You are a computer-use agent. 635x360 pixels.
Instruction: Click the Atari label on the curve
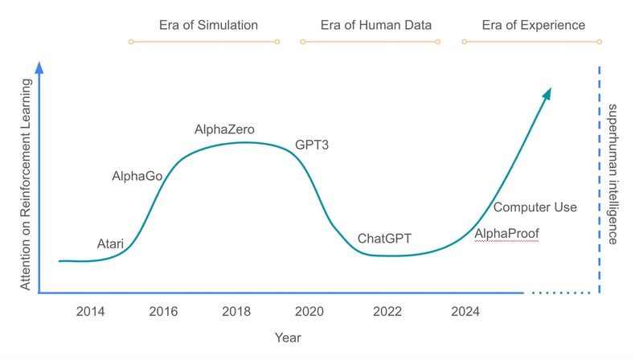[x=110, y=243]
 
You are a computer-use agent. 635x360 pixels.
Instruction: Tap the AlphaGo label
[x=137, y=175]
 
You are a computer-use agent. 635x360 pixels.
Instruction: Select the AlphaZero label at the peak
[x=225, y=129]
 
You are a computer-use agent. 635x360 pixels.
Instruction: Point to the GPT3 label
[x=312, y=145]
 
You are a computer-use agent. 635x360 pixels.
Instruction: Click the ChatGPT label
[x=384, y=239]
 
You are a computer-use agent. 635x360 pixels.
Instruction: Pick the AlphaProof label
[x=506, y=234]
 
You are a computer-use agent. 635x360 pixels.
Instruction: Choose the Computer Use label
[x=535, y=207]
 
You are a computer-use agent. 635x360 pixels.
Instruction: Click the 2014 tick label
[x=90, y=312]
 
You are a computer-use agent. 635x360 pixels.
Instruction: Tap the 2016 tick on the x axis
[x=164, y=312]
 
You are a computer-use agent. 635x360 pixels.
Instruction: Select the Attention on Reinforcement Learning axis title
[x=26, y=185]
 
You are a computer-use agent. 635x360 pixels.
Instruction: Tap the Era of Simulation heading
[x=208, y=25]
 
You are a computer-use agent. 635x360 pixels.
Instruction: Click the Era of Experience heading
[x=533, y=25]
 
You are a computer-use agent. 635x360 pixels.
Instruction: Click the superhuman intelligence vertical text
[x=612, y=174]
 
